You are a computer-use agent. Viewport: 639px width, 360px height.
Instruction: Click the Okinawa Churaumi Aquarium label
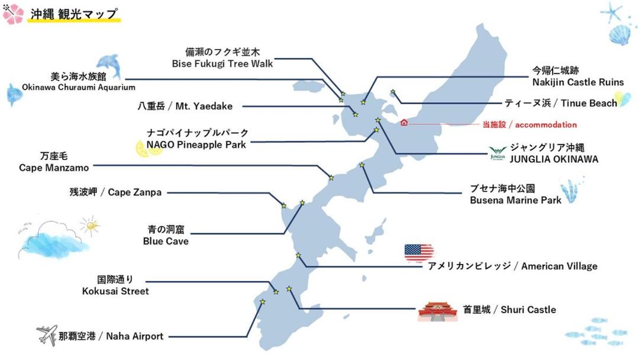click(x=79, y=82)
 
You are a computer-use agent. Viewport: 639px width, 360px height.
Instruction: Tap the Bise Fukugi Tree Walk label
click(x=222, y=58)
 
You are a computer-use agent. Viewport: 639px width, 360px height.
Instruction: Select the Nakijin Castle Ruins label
click(x=578, y=76)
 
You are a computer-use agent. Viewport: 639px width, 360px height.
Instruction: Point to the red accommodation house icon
click(x=404, y=123)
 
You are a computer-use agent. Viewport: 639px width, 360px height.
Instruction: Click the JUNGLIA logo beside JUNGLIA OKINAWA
click(x=498, y=153)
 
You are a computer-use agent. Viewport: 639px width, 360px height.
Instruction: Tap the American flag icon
click(x=418, y=252)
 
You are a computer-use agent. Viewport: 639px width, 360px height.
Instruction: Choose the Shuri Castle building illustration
click(x=438, y=311)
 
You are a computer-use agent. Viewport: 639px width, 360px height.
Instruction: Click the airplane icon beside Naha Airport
click(x=47, y=335)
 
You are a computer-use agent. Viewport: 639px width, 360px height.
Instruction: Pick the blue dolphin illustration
click(x=109, y=66)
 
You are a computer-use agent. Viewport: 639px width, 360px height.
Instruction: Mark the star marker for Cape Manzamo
click(x=331, y=178)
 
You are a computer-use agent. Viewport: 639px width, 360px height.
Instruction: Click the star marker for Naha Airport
click(x=263, y=302)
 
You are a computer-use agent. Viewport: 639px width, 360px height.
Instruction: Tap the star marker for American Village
click(x=298, y=256)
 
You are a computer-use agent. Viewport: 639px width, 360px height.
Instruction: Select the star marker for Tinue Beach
click(x=392, y=92)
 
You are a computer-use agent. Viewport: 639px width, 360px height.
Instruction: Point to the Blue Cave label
click(x=166, y=235)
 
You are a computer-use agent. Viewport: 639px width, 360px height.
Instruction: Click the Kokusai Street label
click(x=115, y=285)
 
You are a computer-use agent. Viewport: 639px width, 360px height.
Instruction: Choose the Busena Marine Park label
click(x=515, y=194)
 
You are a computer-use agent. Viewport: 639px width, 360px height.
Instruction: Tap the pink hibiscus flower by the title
click(x=12, y=14)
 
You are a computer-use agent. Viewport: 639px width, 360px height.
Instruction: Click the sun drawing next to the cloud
click(x=91, y=226)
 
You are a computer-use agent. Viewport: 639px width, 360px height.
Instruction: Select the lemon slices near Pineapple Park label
click(x=149, y=149)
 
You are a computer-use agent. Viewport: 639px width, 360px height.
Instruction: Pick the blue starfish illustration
click(x=611, y=12)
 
